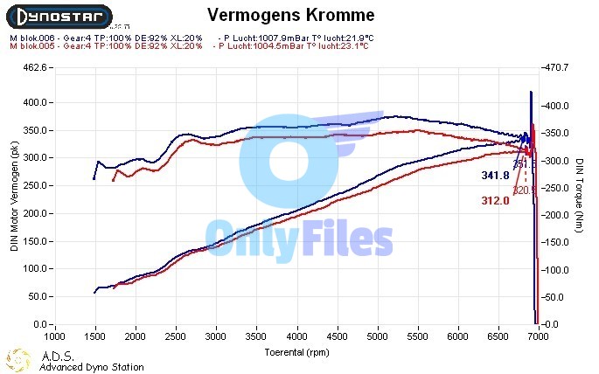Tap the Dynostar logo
[x=59, y=15]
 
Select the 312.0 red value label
[x=495, y=201]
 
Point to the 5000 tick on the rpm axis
[x=378, y=336]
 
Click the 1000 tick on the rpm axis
[x=54, y=336]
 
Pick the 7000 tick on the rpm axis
[x=539, y=336]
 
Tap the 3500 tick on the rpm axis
[x=256, y=336]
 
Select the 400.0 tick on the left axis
[x=34, y=102]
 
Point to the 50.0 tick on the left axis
[x=36, y=297]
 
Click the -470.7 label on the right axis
[x=557, y=67]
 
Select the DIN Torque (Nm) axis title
[x=581, y=196]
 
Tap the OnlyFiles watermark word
[x=299, y=238]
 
